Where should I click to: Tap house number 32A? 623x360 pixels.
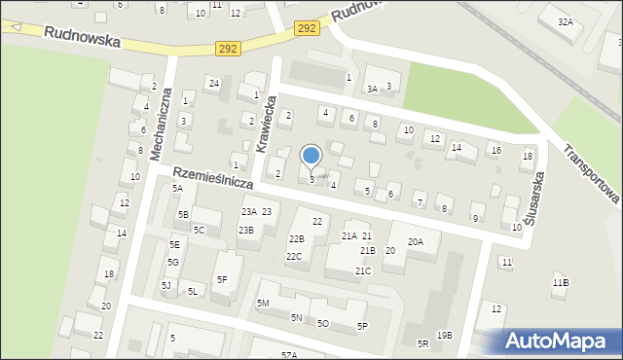coord(565,20)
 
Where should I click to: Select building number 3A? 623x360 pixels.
coord(372,89)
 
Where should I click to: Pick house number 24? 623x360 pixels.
coord(213,83)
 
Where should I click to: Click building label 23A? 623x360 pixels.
coord(249,211)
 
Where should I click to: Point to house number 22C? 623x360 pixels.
coord(293,256)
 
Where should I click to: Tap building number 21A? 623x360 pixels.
coord(348,236)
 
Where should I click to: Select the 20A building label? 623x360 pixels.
coord(416,241)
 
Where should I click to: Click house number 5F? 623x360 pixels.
coord(222,280)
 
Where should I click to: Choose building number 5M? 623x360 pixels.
coord(263,303)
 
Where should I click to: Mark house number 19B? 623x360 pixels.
coord(444,336)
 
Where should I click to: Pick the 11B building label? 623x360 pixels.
coord(561,282)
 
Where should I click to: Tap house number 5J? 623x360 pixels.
coord(166,285)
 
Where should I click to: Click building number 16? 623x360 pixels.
coord(495,151)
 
